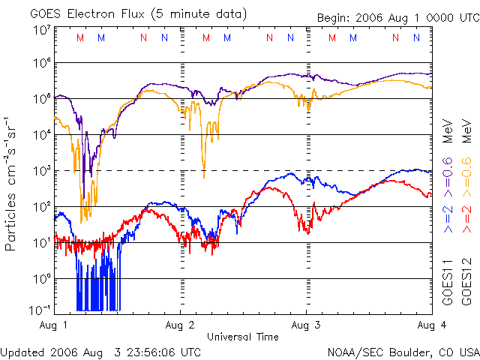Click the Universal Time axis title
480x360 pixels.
click(243, 337)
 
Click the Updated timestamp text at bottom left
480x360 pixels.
click(100, 352)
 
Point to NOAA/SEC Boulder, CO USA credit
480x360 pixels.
click(403, 352)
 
